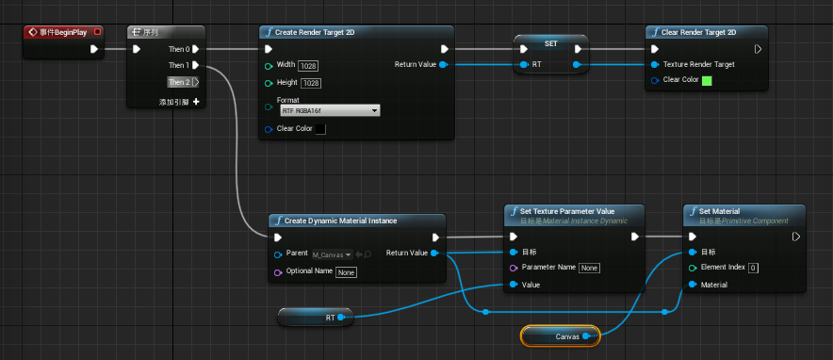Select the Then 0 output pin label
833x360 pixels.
point(179,49)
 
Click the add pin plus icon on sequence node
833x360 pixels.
point(196,101)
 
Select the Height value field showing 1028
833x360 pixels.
point(311,83)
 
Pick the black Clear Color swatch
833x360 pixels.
point(320,128)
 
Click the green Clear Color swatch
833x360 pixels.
point(708,80)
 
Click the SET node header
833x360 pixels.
point(550,42)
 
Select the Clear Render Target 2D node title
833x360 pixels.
point(697,32)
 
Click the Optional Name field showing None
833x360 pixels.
point(346,271)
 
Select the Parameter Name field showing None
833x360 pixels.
point(589,268)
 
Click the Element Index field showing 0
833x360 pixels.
point(754,268)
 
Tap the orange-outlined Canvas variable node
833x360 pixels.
point(560,335)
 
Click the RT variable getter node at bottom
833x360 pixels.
point(316,318)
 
